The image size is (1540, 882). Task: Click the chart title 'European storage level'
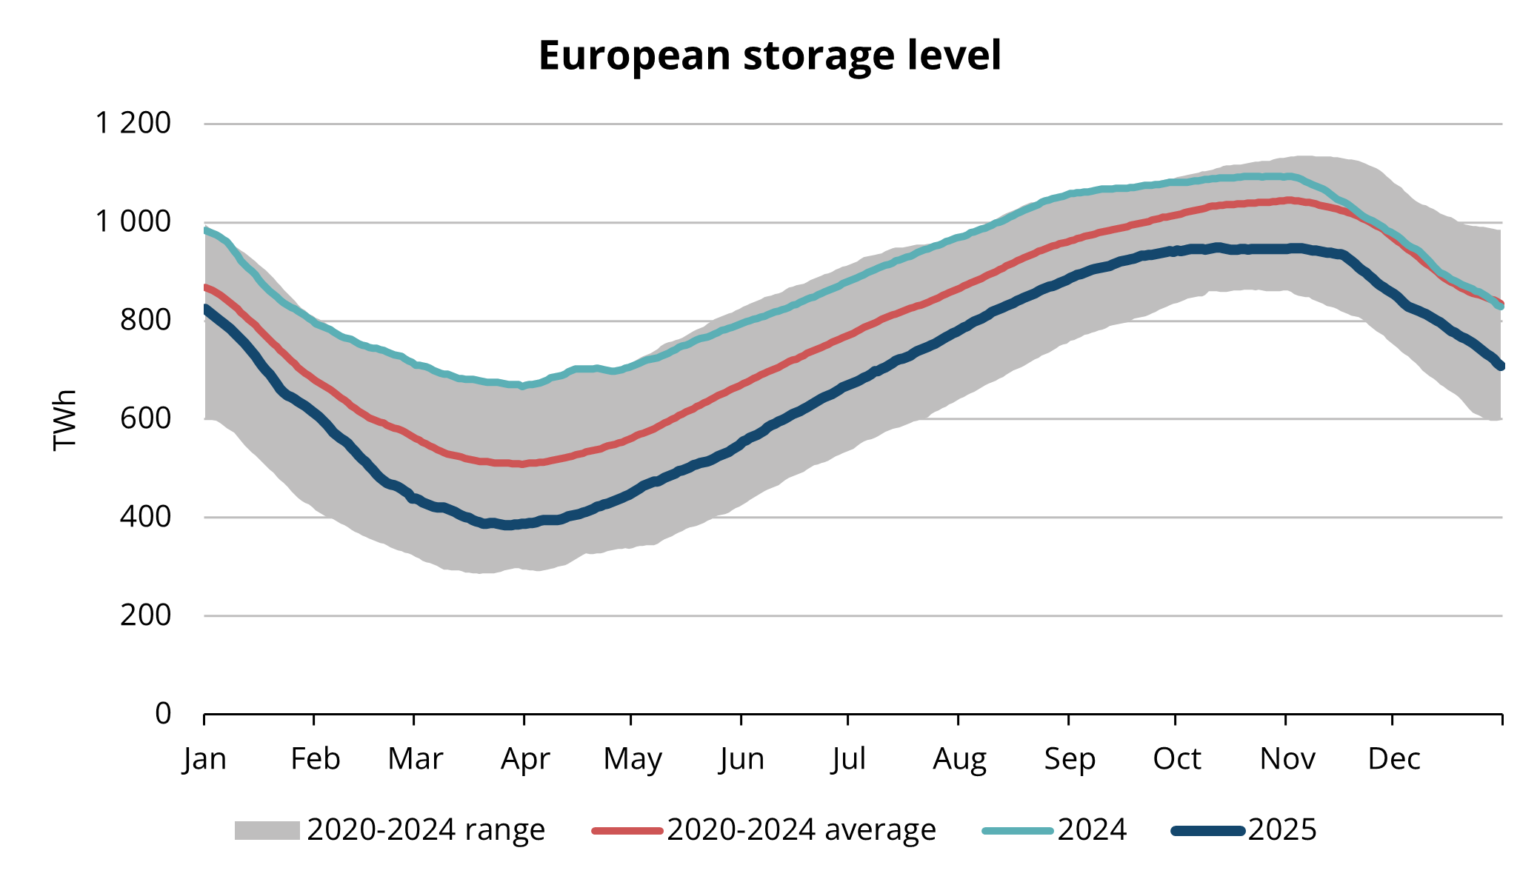(770, 56)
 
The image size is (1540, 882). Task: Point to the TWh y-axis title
(65, 419)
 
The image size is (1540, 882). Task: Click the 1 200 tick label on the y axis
(133, 123)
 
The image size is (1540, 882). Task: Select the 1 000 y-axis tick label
(133, 221)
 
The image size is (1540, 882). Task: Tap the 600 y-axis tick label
(145, 418)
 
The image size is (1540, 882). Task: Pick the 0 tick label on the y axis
(163, 713)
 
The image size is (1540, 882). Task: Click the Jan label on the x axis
(204, 759)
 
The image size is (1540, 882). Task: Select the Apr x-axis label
(524, 759)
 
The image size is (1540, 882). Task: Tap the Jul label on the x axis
(848, 759)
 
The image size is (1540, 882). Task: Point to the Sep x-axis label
(1069, 759)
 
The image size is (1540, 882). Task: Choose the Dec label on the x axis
(1393, 759)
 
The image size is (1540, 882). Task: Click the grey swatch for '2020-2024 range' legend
(267, 830)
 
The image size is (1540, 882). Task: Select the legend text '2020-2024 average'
(801, 830)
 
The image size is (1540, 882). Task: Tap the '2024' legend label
(1092, 830)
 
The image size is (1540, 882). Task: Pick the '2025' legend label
(1282, 830)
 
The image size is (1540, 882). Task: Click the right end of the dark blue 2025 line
(1501, 366)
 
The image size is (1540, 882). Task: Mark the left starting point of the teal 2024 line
(205, 230)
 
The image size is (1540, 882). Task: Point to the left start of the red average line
(205, 287)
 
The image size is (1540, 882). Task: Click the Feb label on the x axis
(315, 759)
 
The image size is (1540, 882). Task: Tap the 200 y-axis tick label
(145, 615)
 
